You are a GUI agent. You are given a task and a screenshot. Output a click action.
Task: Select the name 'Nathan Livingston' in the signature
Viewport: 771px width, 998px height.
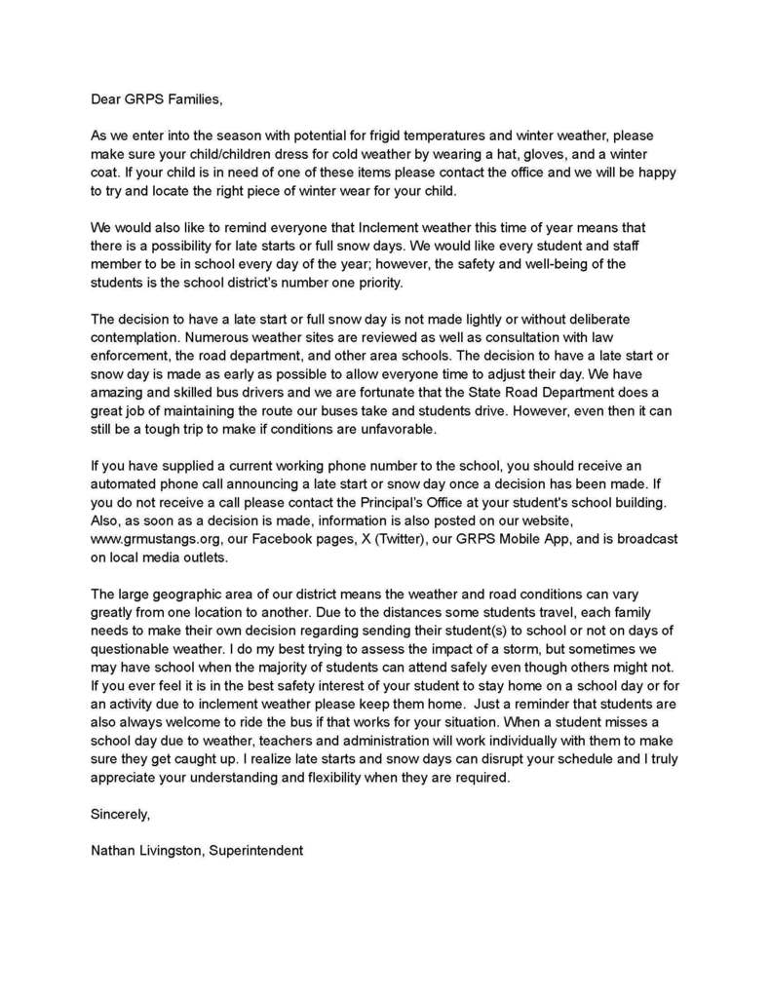pos(146,850)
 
